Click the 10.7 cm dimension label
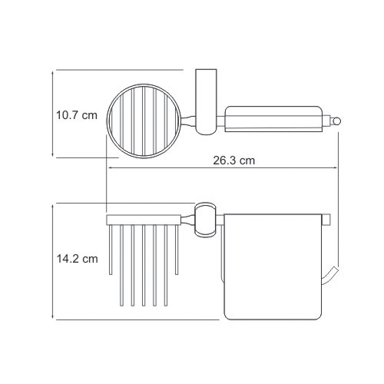pyautogui.click(x=77, y=115)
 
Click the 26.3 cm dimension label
pyautogui.click(x=234, y=161)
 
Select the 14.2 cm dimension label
pyautogui.click(x=77, y=259)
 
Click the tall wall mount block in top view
pyautogui.click(x=206, y=101)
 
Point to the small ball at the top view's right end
pyautogui.click(x=336, y=121)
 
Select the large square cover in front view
pyautogui.click(x=273, y=266)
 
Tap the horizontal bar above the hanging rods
pyautogui.click(x=144, y=220)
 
